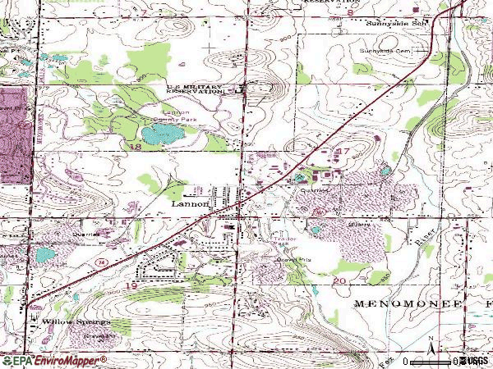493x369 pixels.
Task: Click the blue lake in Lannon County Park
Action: tap(157, 132)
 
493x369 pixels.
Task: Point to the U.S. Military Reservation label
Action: tap(195, 89)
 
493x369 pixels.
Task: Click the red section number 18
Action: tap(133, 144)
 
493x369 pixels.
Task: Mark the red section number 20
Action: tap(339, 280)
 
